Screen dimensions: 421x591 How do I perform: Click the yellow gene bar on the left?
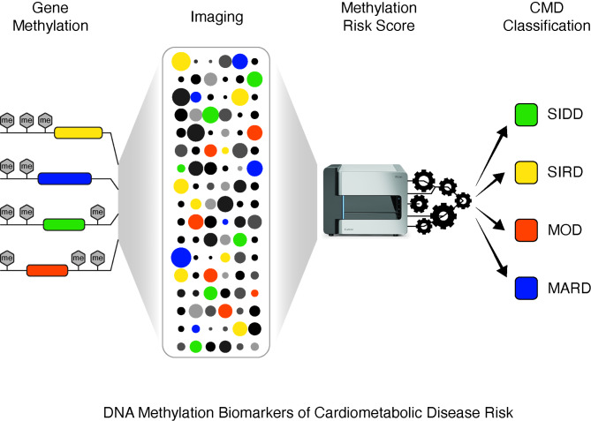[79, 133]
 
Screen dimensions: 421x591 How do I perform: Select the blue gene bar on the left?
[64, 178]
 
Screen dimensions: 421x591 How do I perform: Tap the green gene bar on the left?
[68, 222]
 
